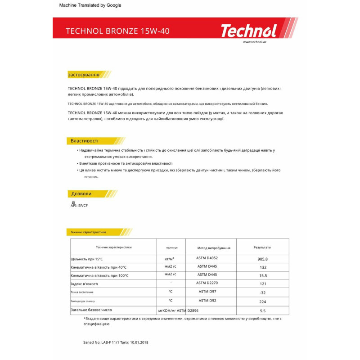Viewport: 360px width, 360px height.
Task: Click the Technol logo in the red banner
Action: point(248,31)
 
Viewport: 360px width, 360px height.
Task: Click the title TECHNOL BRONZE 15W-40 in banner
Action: point(117,31)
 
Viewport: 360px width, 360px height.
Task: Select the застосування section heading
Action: point(83,74)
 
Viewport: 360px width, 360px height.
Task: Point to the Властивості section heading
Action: point(84,141)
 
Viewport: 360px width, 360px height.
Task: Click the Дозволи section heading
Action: point(81,193)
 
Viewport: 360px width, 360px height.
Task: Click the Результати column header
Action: point(262,247)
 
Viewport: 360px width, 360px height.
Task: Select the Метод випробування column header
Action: point(214,248)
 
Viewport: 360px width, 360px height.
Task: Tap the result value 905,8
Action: point(263,259)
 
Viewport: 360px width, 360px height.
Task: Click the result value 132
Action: point(263,267)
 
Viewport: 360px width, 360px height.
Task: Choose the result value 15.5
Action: point(263,275)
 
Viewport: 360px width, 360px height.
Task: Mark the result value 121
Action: point(263,284)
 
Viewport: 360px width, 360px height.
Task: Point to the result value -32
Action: point(263,292)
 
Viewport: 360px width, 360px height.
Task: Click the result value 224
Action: point(263,301)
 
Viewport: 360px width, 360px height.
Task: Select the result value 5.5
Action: point(263,310)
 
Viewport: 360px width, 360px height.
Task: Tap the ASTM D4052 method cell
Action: point(208,258)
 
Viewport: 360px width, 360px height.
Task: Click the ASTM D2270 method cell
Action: point(208,283)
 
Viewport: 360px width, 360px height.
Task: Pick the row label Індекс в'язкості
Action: point(84,284)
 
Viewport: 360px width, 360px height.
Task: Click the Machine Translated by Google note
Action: point(90,5)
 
